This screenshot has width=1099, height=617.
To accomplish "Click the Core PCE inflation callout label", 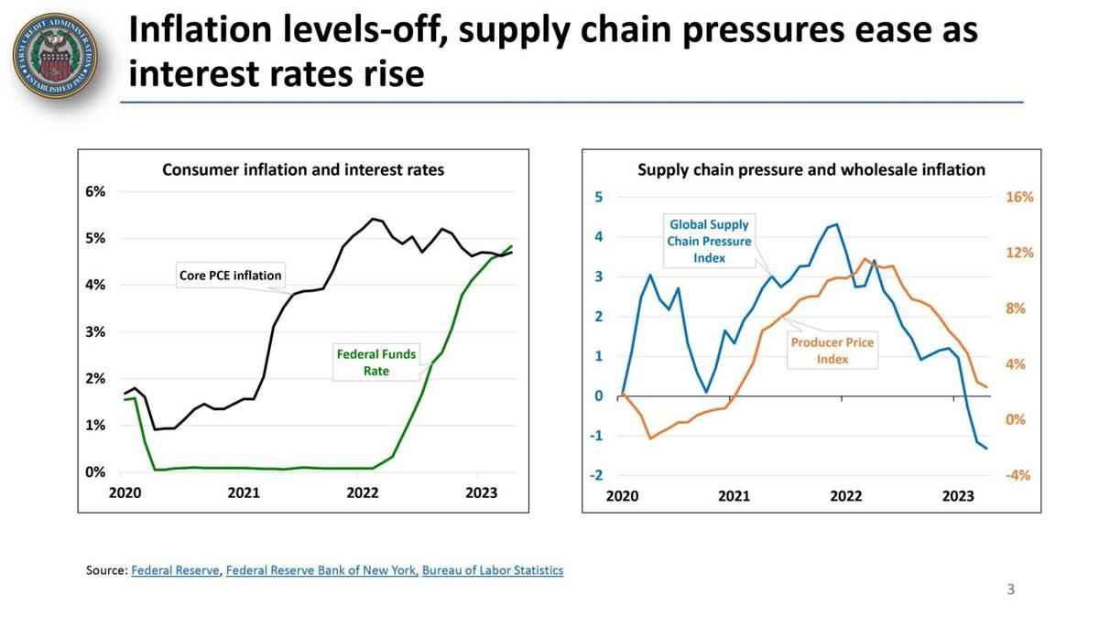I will click(231, 275).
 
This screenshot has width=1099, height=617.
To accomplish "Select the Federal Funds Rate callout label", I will click(376, 363).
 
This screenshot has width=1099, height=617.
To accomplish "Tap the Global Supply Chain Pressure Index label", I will click(709, 241).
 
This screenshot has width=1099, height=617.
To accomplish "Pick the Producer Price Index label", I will click(832, 351).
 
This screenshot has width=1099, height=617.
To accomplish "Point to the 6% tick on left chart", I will click(96, 191).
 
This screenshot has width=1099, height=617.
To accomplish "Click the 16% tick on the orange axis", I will click(1019, 197).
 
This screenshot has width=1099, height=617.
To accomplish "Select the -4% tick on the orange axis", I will click(1018, 475).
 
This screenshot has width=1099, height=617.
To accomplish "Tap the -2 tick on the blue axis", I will click(597, 475).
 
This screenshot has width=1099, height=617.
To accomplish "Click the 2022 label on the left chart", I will click(363, 493).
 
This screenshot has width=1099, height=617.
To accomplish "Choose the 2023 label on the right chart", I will click(958, 496).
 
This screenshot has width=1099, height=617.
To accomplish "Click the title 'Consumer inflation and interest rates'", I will click(303, 169).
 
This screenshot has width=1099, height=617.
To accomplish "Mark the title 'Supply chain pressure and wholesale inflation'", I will click(811, 169).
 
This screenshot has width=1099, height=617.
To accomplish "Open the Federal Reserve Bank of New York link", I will click(321, 570).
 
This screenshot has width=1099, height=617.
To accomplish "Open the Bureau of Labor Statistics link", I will click(493, 570).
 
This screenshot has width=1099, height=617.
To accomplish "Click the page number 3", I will click(1011, 590).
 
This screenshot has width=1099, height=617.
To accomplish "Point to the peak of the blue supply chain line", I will click(835, 223).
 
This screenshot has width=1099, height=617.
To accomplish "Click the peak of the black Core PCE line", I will click(373, 219).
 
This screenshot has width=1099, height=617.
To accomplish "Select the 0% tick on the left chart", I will click(96, 472).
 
